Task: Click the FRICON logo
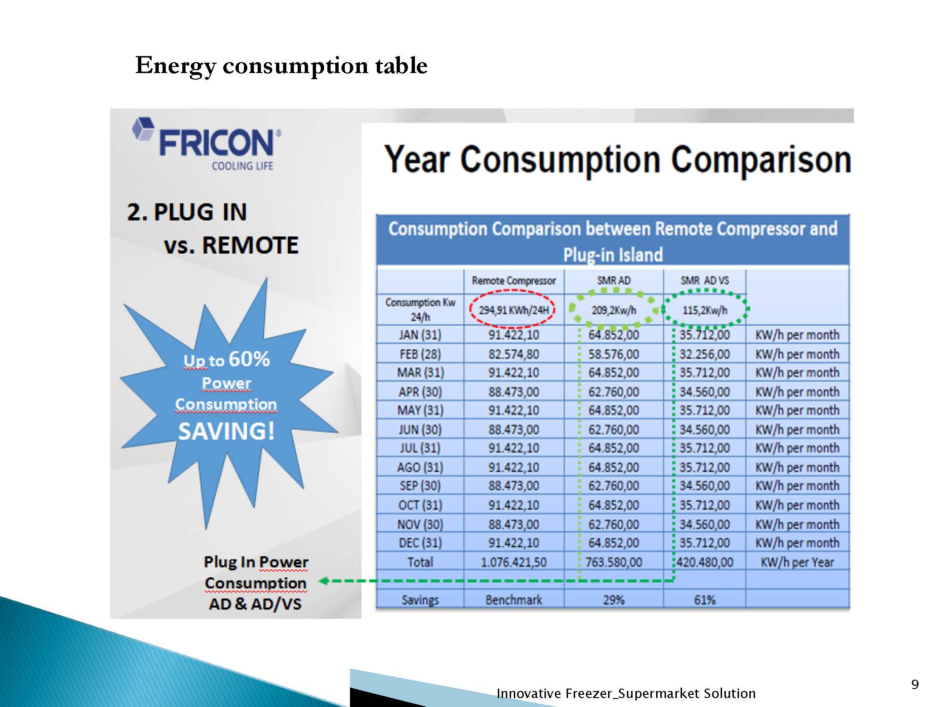(x=207, y=143)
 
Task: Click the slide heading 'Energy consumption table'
(x=281, y=66)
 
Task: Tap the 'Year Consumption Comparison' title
(x=618, y=160)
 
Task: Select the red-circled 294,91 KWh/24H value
(x=513, y=310)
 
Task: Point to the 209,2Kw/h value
(x=614, y=310)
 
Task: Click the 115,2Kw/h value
(x=705, y=310)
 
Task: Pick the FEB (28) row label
(x=420, y=354)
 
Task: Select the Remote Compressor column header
(x=514, y=280)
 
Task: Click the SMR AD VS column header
(x=705, y=280)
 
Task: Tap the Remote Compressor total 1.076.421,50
(x=513, y=562)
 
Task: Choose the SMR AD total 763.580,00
(x=614, y=562)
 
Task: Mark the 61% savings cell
(x=705, y=600)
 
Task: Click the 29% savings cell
(x=614, y=600)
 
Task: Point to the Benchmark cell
(x=514, y=600)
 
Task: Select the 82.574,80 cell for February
(x=513, y=354)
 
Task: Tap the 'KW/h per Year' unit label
(x=797, y=562)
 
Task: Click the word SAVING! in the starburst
(x=226, y=431)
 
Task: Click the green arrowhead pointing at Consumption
(x=324, y=581)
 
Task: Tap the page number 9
(x=915, y=684)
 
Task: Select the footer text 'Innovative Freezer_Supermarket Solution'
(x=626, y=693)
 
